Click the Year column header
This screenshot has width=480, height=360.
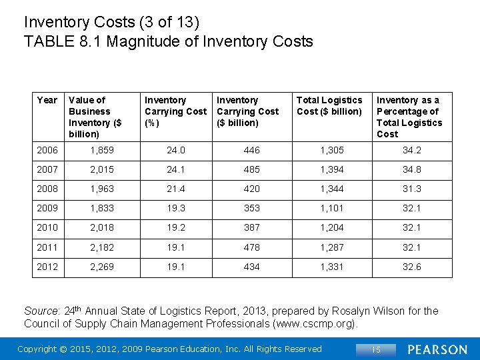(47, 100)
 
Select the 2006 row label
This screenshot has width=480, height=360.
(47, 150)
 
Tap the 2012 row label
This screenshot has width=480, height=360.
(47, 267)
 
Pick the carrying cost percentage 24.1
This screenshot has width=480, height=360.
(176, 169)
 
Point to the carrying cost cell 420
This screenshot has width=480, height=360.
(251, 189)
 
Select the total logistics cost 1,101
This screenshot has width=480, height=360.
(332, 208)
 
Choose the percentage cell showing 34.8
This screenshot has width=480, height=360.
(411, 169)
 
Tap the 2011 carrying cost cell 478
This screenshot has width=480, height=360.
(251, 247)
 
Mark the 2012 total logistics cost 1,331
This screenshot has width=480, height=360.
(332, 267)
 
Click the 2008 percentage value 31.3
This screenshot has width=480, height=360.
(411, 189)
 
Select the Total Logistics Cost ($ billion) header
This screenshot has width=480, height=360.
(329, 105)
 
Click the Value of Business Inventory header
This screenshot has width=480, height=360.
(95, 117)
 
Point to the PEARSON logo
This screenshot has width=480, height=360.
(437, 349)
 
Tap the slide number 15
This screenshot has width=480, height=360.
(376, 349)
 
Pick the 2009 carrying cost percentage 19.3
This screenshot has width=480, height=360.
(176, 208)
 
